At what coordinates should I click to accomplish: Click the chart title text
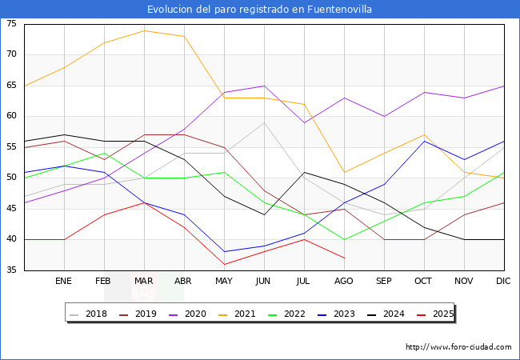tap(259, 10)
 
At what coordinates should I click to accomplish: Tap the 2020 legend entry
tap(190, 314)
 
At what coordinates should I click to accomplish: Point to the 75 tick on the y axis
tap(12, 24)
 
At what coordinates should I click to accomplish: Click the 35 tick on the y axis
tap(12, 270)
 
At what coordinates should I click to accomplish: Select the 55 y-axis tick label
tap(12, 147)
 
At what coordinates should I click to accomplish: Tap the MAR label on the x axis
tap(144, 282)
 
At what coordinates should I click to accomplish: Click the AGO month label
tap(344, 282)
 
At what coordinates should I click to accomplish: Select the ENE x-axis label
tap(64, 282)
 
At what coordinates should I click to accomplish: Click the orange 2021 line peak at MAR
tap(144, 30)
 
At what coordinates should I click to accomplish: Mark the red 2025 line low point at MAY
tap(224, 264)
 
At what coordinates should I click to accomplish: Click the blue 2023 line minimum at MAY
tap(224, 252)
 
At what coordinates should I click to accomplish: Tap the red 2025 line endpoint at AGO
tap(344, 258)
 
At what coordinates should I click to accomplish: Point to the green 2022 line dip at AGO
tap(344, 239)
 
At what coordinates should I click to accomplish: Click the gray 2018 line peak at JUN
tap(264, 122)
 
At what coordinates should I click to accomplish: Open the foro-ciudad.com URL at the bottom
tap(458, 347)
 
